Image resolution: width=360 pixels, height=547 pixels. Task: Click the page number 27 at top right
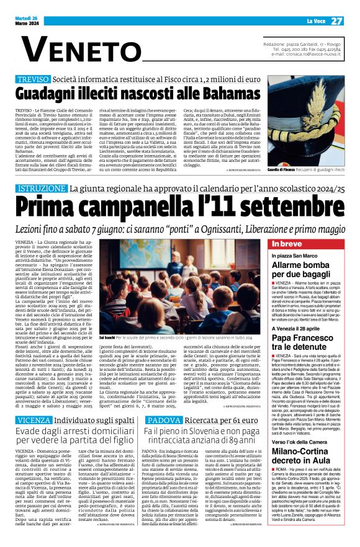pos(336,21)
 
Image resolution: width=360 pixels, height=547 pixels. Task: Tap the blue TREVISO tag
pos(32,80)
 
